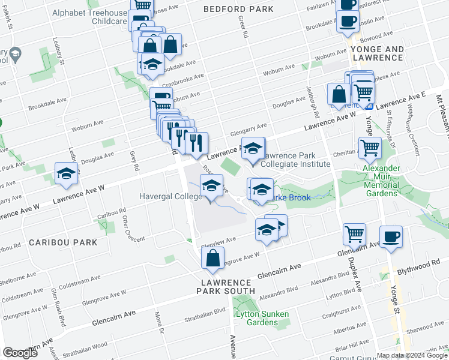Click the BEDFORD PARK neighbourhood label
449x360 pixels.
pos(238,9)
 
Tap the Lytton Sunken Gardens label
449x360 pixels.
pos(262,318)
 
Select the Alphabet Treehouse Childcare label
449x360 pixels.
pos(89,17)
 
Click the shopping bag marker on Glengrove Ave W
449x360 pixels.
pos(212,259)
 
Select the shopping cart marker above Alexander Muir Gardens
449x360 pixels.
pos(370,147)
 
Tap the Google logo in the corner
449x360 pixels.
pos(20,353)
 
